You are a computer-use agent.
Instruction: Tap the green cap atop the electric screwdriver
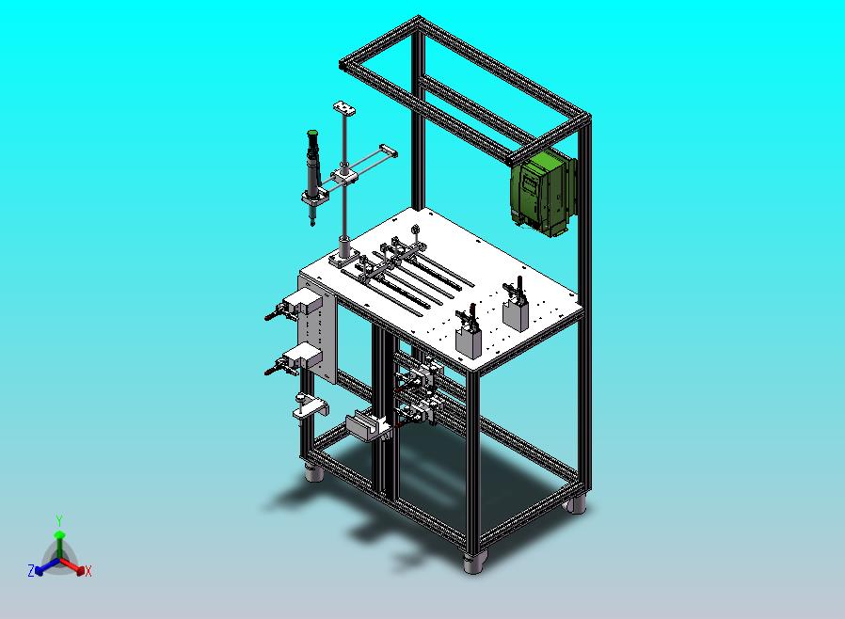click(312, 133)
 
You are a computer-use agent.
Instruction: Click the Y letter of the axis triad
click(59, 520)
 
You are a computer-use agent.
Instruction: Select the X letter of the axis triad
click(88, 571)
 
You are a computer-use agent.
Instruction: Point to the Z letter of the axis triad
click(31, 570)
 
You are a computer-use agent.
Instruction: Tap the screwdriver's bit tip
click(311, 223)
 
